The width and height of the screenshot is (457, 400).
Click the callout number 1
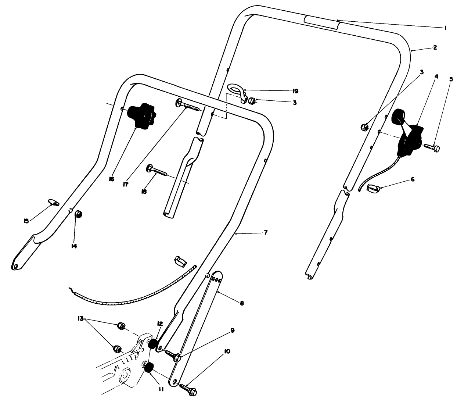pos(445,28)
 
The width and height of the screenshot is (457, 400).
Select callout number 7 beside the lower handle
pos(266,233)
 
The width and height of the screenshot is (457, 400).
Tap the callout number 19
pos(295,91)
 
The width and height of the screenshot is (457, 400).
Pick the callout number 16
pos(112,179)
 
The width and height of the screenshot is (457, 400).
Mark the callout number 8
pos(241,303)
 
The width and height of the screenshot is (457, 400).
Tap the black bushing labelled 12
pos(152,345)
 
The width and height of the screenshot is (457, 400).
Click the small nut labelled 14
pos(78,214)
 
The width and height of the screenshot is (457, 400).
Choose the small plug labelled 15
pos(54,202)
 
